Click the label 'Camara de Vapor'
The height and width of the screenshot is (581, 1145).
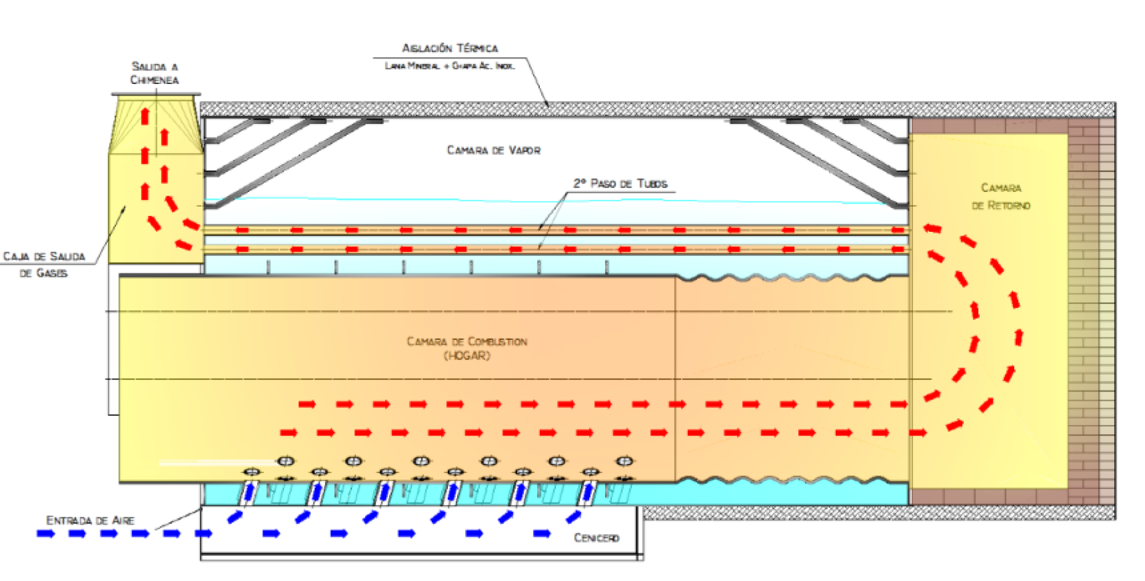coord(494,150)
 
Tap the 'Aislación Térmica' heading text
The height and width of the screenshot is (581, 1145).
coord(450,48)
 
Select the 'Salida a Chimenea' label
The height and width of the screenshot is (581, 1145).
coord(154,73)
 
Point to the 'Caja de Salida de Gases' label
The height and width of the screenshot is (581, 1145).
coord(44,264)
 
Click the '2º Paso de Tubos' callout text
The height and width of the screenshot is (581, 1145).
coord(620,184)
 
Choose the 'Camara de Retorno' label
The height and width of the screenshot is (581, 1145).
coord(1001,196)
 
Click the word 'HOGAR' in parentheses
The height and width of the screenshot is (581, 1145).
coord(467,356)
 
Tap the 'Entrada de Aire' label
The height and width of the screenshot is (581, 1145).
coord(90,521)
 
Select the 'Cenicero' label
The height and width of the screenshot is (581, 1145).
coord(596,538)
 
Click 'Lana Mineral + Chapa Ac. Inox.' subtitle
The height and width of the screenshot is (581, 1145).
coord(449,66)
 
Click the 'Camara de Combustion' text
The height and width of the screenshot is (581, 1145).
coord(467,341)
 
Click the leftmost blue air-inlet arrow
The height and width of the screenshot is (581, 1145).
coord(46,534)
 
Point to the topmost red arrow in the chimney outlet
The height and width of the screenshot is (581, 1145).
coord(145,115)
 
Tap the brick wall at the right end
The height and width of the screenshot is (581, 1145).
coord(1091,308)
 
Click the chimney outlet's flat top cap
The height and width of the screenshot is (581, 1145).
coord(156,94)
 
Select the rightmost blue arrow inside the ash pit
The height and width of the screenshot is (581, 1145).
coord(542,534)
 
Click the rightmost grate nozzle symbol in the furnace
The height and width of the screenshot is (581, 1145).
coord(625,461)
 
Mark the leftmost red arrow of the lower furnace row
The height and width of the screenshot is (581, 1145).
coord(288,432)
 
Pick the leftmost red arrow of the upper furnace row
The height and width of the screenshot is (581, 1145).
coord(307,405)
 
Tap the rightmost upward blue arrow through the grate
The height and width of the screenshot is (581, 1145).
coord(589,492)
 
